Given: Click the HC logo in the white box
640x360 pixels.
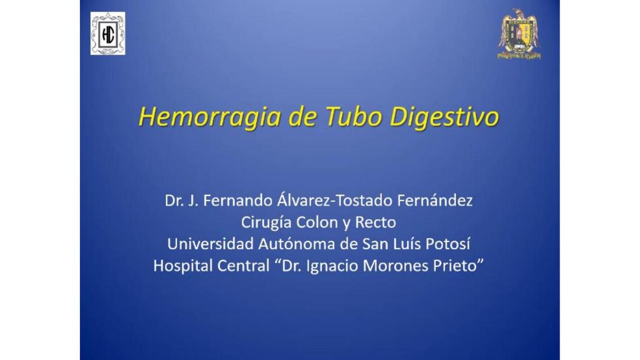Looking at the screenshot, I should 107,34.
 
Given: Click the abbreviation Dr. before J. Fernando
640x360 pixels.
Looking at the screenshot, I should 174,201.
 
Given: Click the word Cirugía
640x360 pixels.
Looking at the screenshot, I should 266,223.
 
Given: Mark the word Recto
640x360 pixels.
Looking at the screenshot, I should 375,223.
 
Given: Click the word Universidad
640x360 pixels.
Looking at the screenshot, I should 208,245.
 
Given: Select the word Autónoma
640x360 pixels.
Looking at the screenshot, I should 289,245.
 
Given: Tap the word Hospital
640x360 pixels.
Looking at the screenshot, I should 183,266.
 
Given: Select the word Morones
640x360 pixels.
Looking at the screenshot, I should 395,266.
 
